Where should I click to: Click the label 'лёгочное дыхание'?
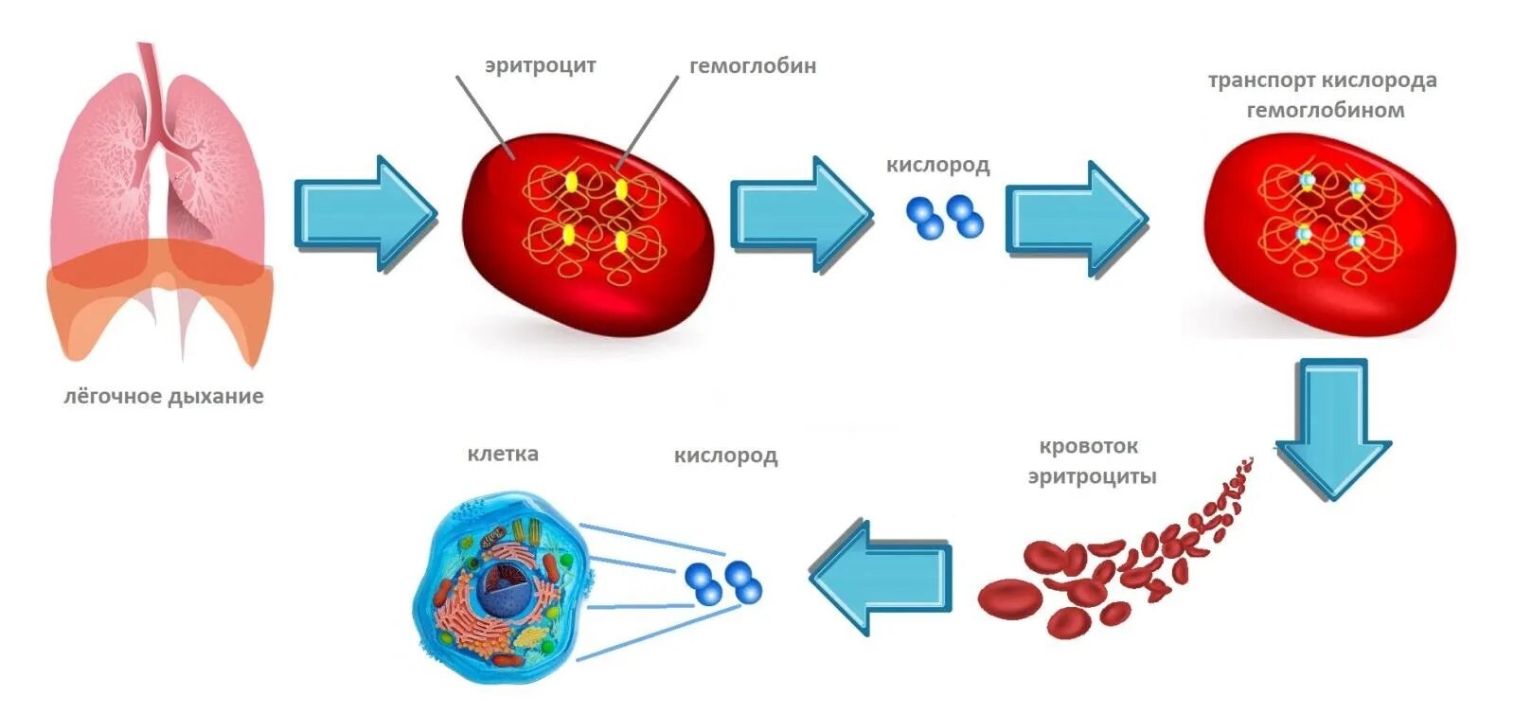click(x=163, y=396)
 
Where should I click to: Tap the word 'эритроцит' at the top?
click(x=540, y=66)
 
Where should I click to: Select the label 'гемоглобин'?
click(x=752, y=66)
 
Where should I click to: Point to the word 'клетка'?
click(x=503, y=454)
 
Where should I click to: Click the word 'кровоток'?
click(x=1089, y=446)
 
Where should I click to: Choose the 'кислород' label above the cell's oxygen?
click(x=725, y=456)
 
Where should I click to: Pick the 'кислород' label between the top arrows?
click(x=937, y=165)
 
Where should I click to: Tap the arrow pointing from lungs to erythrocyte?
click(x=365, y=214)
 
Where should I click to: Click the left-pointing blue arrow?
click(x=881, y=577)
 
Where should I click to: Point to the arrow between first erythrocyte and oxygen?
click(x=800, y=214)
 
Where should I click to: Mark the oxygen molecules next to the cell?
click(x=722, y=581)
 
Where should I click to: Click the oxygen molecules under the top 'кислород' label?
click(x=944, y=216)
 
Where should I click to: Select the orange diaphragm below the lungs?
click(x=161, y=294)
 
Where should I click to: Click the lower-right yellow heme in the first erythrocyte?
click(x=621, y=242)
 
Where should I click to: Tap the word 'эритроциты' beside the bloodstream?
click(x=1092, y=476)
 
